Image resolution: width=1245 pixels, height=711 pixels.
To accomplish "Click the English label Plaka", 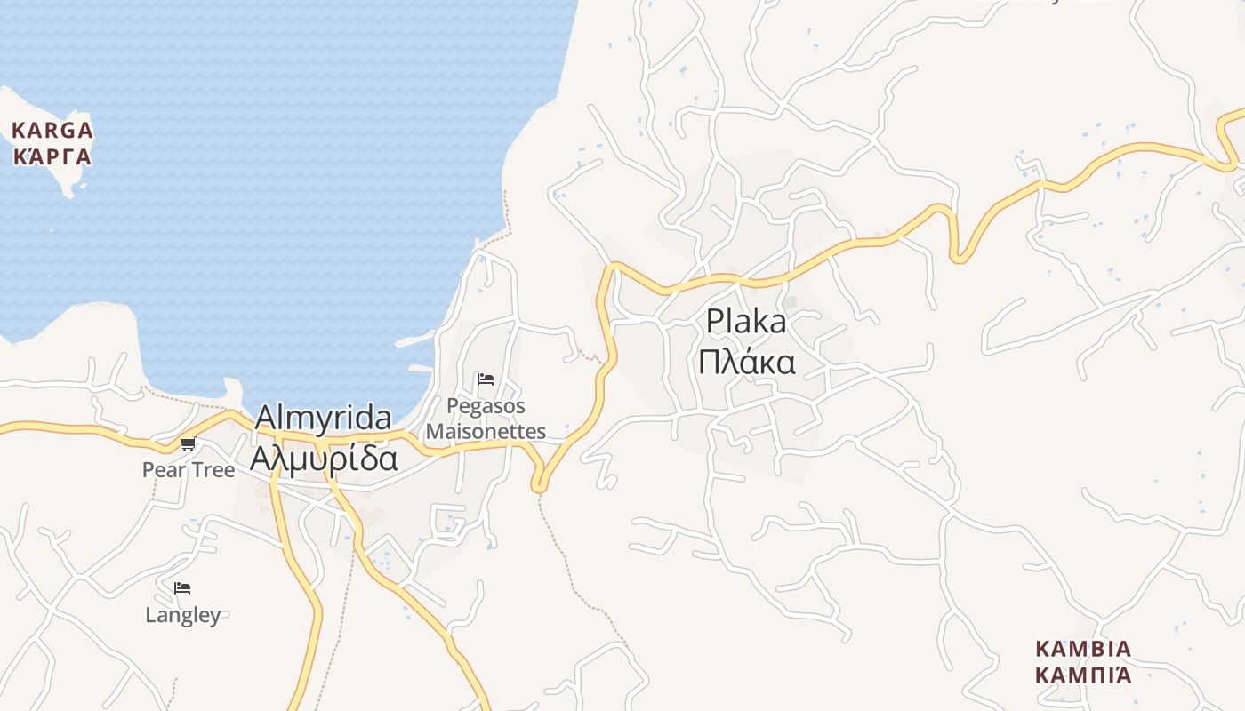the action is point(746,322).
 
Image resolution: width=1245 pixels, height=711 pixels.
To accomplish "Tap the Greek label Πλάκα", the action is point(746,363).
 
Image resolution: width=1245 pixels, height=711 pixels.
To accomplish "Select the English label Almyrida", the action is point(323,418).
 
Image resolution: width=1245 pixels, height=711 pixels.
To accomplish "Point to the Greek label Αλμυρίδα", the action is point(323,458).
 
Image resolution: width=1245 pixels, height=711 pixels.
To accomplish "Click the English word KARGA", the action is point(52,131).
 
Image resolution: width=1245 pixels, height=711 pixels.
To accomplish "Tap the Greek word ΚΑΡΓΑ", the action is point(52,157).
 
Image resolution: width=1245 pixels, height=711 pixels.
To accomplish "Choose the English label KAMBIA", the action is point(1083,649).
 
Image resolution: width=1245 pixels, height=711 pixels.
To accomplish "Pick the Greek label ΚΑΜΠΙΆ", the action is point(1083,675).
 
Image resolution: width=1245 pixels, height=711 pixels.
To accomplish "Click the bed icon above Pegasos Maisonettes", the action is point(486,379).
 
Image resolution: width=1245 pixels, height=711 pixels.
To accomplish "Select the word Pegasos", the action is point(486,406).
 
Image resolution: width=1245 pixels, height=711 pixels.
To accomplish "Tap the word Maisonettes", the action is point(486,432).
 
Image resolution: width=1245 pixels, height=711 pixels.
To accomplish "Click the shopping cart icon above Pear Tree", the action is point(188,443).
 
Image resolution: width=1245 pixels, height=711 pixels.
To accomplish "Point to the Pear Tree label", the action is point(189,469).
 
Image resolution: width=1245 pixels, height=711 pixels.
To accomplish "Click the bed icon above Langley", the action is point(182,588).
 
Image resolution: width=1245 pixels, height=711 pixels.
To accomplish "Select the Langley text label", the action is point(182,615).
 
